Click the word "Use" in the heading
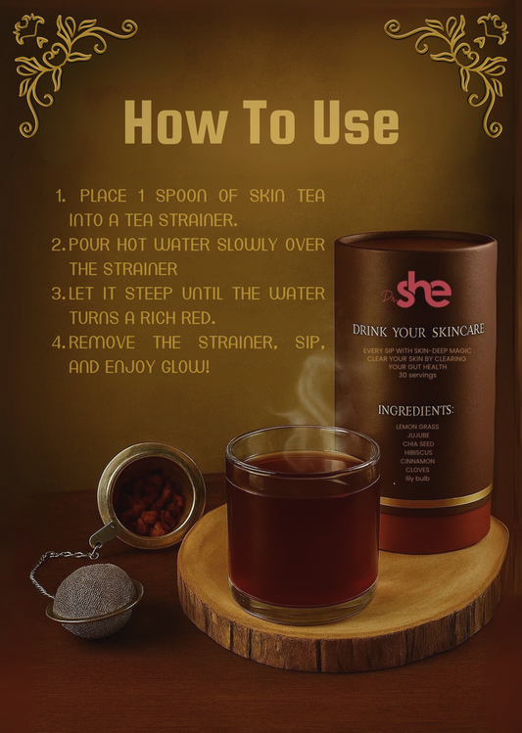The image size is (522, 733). [351, 123]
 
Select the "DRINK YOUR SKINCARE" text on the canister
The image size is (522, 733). [418, 331]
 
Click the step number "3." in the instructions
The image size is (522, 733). [58, 294]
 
